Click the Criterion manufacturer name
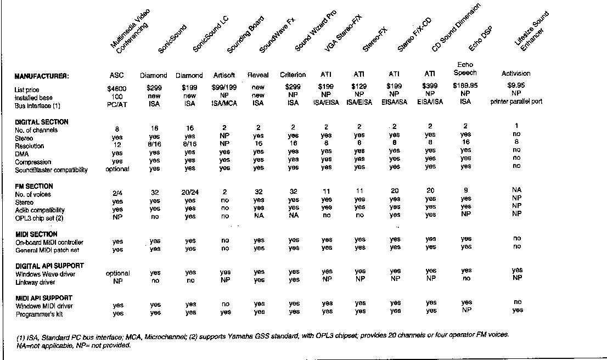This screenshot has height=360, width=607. (x=293, y=75)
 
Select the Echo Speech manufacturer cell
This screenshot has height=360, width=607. (x=465, y=69)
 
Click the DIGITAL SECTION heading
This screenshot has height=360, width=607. (x=42, y=122)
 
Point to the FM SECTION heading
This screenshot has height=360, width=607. (x=34, y=186)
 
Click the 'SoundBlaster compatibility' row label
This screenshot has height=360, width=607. (x=51, y=170)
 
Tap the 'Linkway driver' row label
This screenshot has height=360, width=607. (x=37, y=282)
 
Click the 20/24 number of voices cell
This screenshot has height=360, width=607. (x=189, y=193)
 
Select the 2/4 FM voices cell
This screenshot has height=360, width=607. (x=117, y=193)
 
